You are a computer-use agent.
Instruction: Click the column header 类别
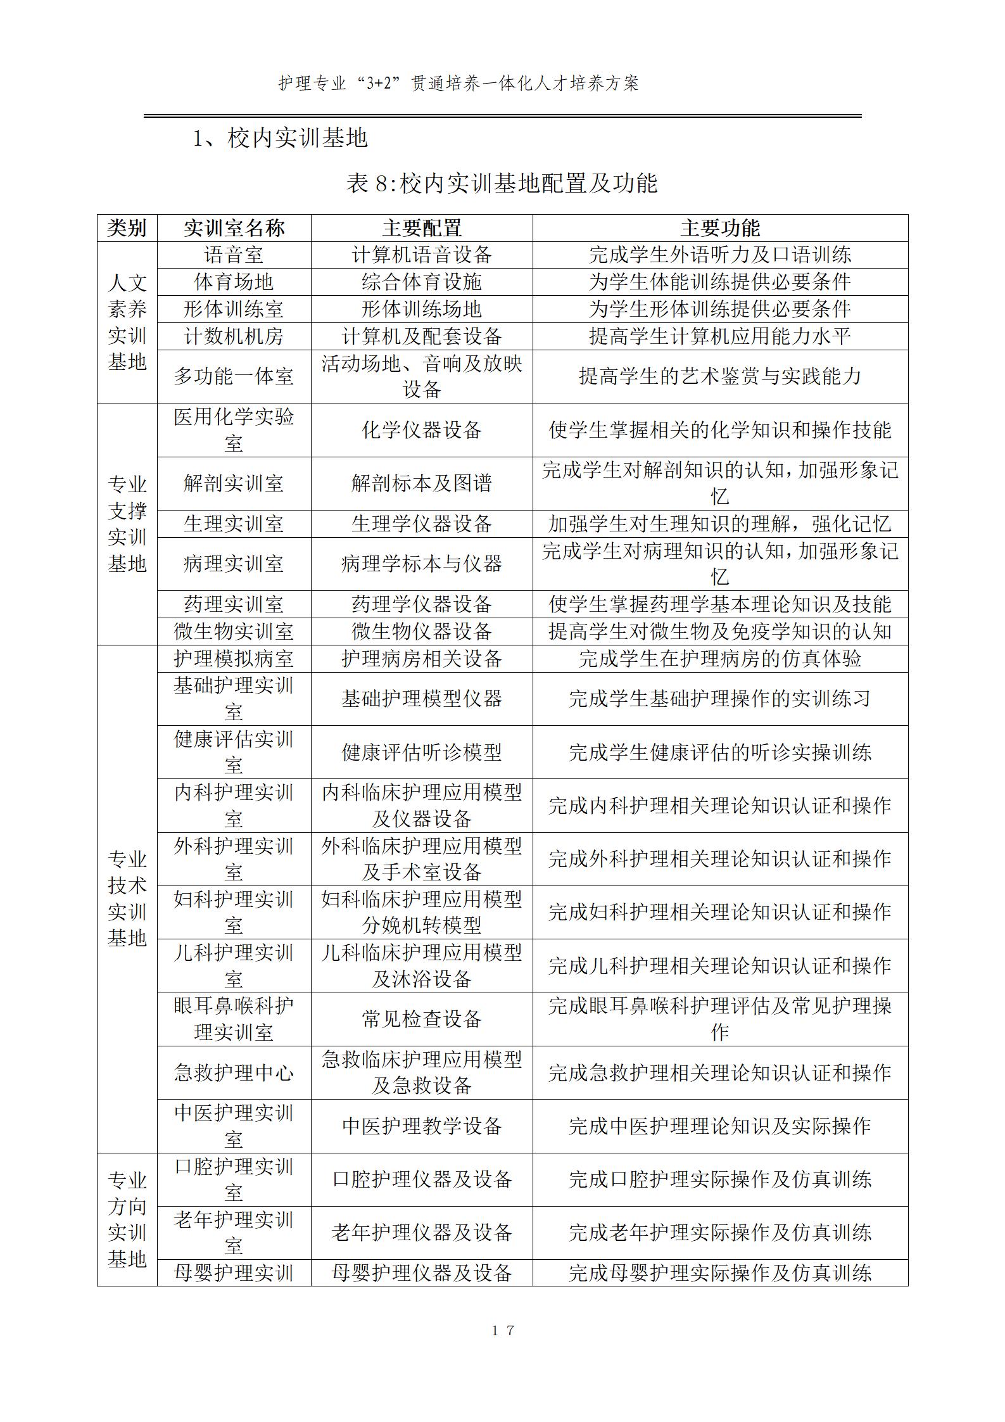point(127,228)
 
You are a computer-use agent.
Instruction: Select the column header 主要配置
point(422,228)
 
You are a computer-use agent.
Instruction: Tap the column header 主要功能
point(720,228)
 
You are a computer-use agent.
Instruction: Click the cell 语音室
point(234,255)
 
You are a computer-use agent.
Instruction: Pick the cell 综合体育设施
point(422,282)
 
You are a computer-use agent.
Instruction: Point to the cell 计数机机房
point(234,336)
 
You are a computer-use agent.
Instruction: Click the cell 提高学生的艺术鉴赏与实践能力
point(720,376)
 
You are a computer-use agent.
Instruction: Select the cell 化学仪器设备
point(422,430)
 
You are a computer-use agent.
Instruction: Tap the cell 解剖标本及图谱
point(422,483)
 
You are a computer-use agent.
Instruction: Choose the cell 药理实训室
point(234,604)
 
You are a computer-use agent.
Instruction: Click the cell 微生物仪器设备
point(422,632)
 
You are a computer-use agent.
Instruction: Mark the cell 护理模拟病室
point(234,659)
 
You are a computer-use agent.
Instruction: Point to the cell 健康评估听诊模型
point(422,752)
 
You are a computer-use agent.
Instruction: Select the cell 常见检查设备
point(422,1019)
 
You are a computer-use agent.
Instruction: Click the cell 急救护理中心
point(234,1072)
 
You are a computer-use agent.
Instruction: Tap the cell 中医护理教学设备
point(422,1126)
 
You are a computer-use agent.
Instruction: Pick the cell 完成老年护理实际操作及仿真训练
point(720,1232)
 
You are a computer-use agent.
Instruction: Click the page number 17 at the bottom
point(503,1330)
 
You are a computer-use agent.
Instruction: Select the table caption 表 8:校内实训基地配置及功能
point(502,183)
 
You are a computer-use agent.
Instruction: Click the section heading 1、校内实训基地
point(280,138)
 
